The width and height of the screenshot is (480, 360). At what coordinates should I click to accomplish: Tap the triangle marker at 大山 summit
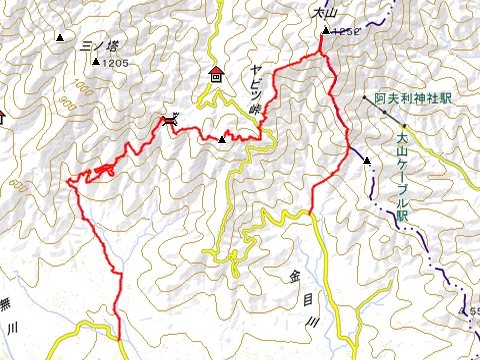[325, 33]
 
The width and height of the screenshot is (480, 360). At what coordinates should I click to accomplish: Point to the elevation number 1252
[345, 32]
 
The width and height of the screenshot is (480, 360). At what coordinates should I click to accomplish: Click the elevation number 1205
[116, 63]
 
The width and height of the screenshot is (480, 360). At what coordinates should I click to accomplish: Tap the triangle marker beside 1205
[96, 63]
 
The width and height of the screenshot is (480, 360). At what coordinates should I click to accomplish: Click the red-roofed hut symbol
[216, 72]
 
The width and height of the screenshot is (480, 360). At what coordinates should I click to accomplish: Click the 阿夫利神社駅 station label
[414, 100]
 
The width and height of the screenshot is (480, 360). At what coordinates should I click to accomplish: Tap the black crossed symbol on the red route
[169, 121]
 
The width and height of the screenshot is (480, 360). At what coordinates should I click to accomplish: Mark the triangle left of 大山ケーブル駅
[367, 161]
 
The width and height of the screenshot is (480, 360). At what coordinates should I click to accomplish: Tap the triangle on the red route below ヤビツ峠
[223, 139]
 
